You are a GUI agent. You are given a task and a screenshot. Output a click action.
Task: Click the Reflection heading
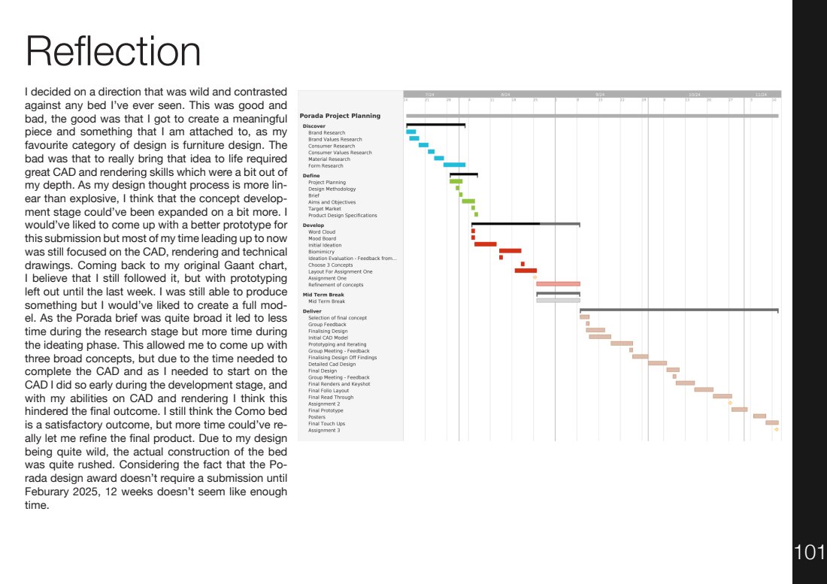pyautogui.click(x=113, y=52)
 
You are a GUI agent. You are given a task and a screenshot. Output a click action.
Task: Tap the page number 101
pyautogui.click(x=809, y=553)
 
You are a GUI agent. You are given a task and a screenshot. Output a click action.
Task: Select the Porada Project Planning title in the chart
pyautogui.click(x=340, y=116)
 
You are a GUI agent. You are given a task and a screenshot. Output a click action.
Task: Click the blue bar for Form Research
pyautogui.click(x=454, y=165)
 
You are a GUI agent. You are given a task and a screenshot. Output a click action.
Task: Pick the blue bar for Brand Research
pyautogui.click(x=410, y=132)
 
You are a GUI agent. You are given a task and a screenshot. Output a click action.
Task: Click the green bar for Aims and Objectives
pyautogui.click(x=468, y=201)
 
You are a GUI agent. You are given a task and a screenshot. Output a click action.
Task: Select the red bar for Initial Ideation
pyautogui.click(x=485, y=244)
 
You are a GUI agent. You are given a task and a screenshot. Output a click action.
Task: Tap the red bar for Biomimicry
pyautogui.click(x=510, y=251)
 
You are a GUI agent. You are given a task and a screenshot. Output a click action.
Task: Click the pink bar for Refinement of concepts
pyautogui.click(x=557, y=284)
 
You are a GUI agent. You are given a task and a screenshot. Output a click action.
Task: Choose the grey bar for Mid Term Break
pyautogui.click(x=557, y=301)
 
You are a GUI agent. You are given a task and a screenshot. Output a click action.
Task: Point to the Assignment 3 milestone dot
pyautogui.click(x=776, y=430)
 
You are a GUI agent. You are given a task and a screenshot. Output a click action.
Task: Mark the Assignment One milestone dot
pyautogui.click(x=535, y=277)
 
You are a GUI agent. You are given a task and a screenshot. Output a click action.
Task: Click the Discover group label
pyautogui.click(x=314, y=126)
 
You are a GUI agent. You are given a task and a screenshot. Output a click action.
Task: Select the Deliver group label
pyautogui.click(x=311, y=310)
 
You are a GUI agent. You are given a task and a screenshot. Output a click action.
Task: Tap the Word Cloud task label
pyautogui.click(x=322, y=232)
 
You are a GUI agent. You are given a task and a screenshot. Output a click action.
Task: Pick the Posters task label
pyautogui.click(x=317, y=417)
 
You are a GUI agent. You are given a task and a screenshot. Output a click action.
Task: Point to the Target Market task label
pyautogui.click(x=324, y=209)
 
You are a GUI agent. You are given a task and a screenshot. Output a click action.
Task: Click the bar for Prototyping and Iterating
pyautogui.click(x=621, y=343)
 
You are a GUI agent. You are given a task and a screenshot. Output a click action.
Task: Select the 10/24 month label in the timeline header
pyautogui.click(x=694, y=94)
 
